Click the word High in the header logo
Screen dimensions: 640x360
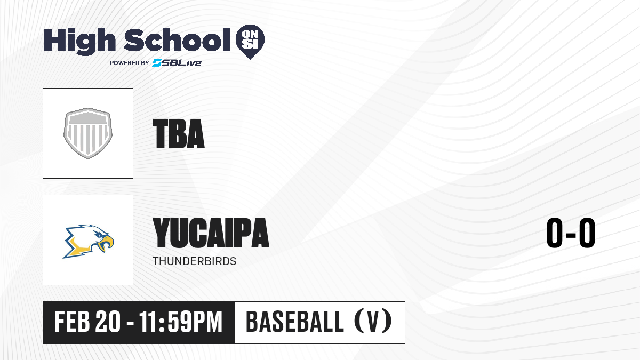[x=79, y=42]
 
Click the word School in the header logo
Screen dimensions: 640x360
[x=177, y=40]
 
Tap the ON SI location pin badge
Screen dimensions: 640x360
[x=250, y=42]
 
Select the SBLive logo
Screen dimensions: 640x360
[x=177, y=62]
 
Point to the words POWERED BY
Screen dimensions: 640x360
[x=130, y=63]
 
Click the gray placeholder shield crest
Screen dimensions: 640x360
[x=88, y=133]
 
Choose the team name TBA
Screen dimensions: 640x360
[x=179, y=134]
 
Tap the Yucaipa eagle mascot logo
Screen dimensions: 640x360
[x=89, y=242]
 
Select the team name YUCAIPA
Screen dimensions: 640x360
[x=211, y=233]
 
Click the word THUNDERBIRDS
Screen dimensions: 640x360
[x=195, y=261]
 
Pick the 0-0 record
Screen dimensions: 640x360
[x=571, y=233]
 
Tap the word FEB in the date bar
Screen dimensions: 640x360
[x=72, y=322]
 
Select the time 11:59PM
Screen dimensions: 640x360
[x=181, y=322]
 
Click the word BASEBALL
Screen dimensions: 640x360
[x=294, y=322]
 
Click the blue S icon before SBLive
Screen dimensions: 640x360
[x=157, y=62]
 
